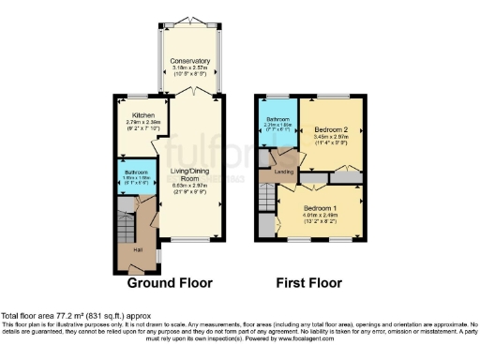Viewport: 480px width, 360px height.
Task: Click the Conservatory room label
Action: pyautogui.click(x=189, y=61)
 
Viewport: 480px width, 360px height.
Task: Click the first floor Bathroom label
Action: pyautogui.click(x=277, y=119)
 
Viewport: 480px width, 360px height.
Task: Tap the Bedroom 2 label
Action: pyautogui.click(x=331, y=128)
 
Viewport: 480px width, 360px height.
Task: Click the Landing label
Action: pyautogui.click(x=284, y=172)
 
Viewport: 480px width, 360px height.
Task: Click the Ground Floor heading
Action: pyautogui.click(x=170, y=282)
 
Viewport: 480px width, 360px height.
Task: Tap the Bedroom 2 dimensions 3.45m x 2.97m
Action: pyautogui.click(x=331, y=138)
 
